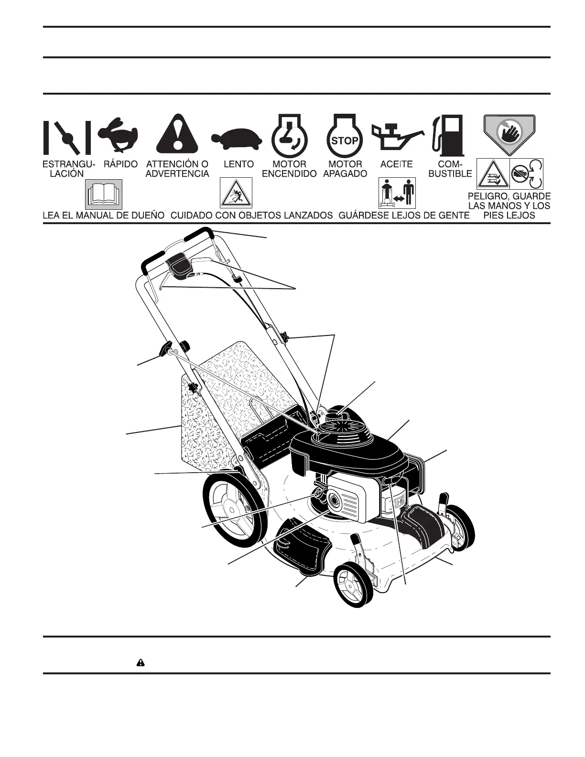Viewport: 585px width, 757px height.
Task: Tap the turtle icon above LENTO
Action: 237,139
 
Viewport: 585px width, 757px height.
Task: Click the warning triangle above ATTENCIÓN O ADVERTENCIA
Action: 177,133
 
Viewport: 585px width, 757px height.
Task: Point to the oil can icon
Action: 396,137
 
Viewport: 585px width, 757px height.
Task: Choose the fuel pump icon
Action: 448,134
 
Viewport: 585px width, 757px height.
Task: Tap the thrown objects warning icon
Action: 236,193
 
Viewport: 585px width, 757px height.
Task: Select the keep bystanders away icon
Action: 397,193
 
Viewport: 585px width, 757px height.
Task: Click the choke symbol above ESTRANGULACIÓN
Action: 67,137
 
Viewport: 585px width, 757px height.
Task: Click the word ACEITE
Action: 396,164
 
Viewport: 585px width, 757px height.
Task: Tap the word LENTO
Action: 238,164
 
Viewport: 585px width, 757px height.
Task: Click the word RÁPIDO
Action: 120,164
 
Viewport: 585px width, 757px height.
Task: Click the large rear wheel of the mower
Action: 233,507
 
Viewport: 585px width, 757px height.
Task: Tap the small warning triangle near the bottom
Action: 141,663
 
